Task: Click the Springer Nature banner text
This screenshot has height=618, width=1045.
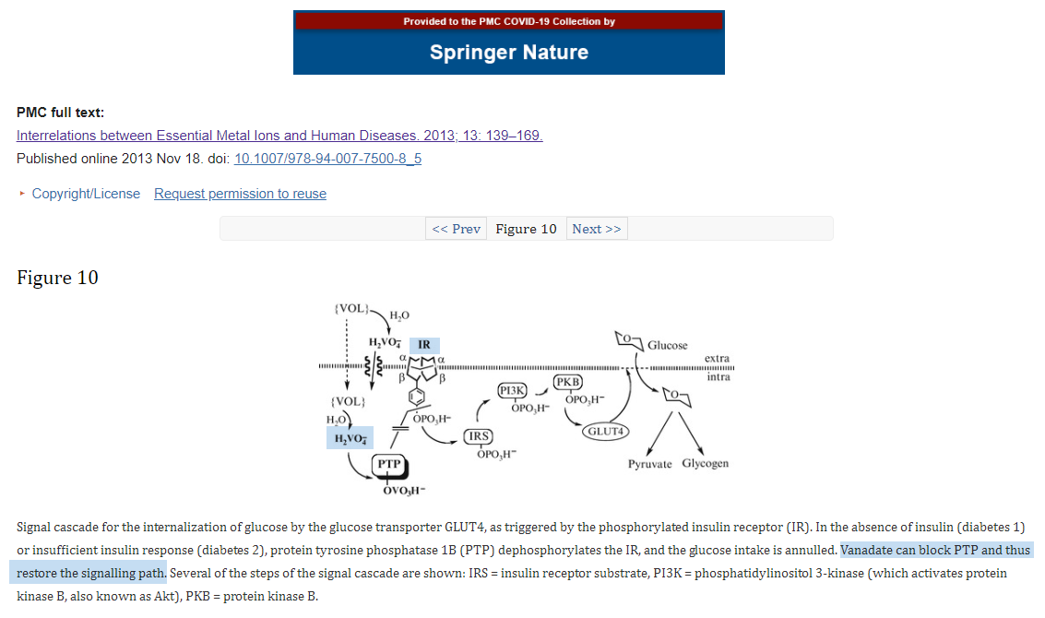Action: click(x=508, y=53)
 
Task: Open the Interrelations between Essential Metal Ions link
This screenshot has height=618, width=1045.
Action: click(x=279, y=136)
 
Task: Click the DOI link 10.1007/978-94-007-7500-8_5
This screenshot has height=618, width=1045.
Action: click(x=327, y=159)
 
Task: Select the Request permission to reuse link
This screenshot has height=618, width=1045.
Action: click(x=240, y=194)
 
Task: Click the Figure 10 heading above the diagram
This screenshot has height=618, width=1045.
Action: click(x=57, y=278)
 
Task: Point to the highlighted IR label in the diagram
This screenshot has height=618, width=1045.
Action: click(x=423, y=345)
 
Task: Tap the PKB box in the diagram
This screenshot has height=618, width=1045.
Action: click(x=567, y=382)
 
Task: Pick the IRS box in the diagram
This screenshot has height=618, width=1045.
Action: click(x=478, y=436)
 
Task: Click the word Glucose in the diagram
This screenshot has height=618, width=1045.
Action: click(x=667, y=345)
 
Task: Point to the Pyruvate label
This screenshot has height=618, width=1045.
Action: click(x=650, y=463)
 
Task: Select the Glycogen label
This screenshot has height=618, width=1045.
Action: click(x=705, y=463)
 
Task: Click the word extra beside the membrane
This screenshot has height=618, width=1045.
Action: click(x=717, y=358)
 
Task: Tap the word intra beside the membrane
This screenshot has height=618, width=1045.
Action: click(x=718, y=376)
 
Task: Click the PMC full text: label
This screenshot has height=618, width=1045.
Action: click(x=60, y=113)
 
